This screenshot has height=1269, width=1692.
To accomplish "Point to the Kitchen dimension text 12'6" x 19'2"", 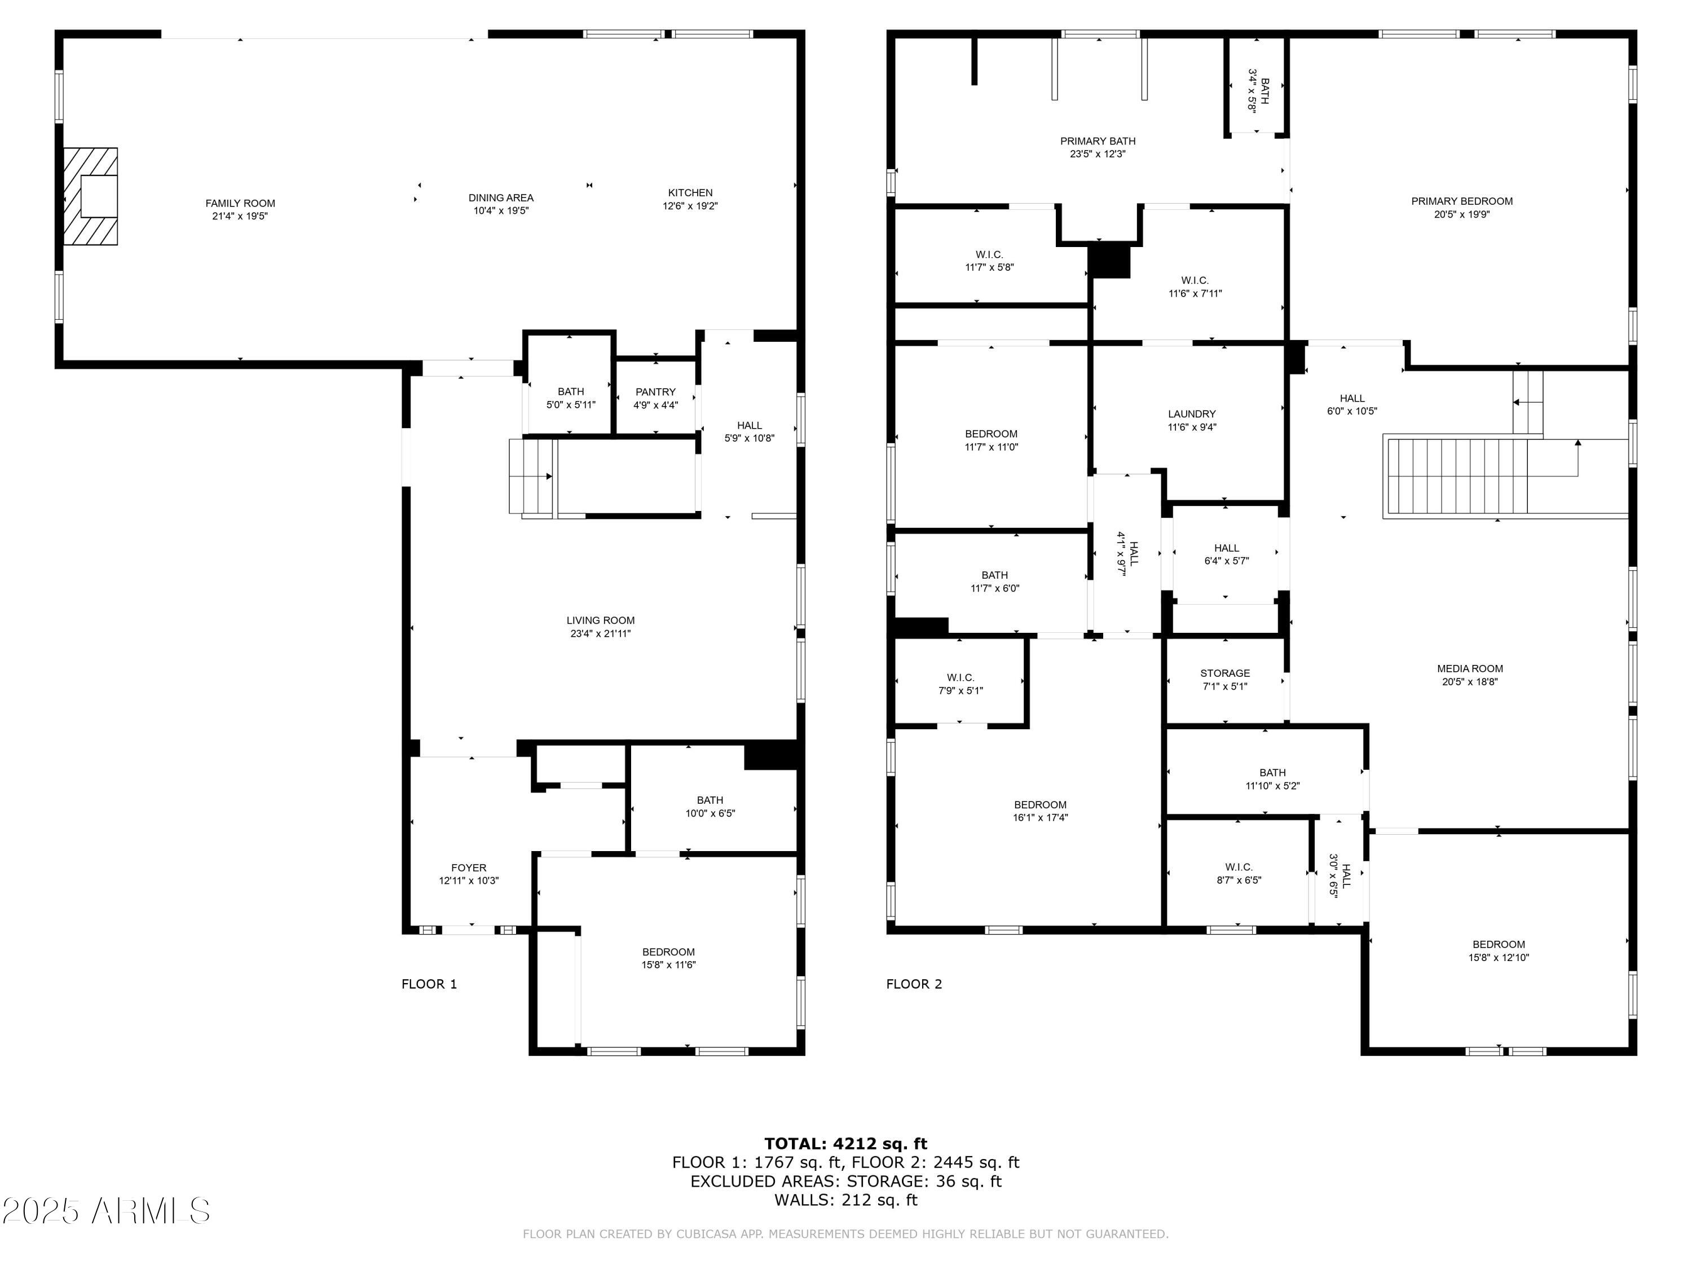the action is click(690, 206).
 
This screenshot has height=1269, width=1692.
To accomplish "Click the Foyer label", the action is click(469, 868).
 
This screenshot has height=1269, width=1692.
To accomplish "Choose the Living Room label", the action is click(601, 620).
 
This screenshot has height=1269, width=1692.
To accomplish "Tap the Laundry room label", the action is click(1192, 415).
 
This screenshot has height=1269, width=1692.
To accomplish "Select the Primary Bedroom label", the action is click(1462, 201).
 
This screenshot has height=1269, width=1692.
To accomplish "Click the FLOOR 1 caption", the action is click(429, 984).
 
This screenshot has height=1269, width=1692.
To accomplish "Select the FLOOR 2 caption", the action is click(914, 984).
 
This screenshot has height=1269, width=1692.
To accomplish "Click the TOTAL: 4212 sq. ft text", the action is click(846, 1144).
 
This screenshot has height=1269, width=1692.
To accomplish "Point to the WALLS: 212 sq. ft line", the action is click(846, 1200).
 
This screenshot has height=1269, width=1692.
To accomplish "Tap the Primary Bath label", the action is click(1098, 142).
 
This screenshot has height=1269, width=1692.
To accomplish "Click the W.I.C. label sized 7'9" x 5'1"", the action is click(960, 678).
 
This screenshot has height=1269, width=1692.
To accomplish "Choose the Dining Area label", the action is click(501, 198).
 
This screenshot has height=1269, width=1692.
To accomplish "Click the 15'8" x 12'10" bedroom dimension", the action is click(1499, 958).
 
